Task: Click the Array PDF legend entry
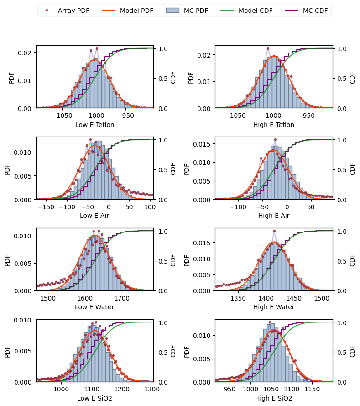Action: click(67, 11)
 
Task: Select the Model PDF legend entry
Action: click(127, 11)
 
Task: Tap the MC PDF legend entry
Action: click(187, 11)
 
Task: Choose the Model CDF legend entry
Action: click(246, 11)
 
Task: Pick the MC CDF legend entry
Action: click(306, 11)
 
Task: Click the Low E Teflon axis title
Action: click(94, 125)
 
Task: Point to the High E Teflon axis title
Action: click(274, 125)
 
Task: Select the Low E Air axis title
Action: click(94, 216)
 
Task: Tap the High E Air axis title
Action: click(274, 216)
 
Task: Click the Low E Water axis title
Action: click(94, 307)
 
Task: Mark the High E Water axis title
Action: click(274, 307)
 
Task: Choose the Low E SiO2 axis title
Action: click(94, 398)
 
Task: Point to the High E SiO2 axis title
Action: click(274, 398)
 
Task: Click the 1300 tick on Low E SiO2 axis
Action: click(152, 389)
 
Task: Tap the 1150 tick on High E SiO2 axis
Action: click(312, 389)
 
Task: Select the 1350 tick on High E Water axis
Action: click(238, 298)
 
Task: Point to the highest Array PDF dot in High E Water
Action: click(274, 231)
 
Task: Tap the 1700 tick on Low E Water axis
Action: click(122, 298)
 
